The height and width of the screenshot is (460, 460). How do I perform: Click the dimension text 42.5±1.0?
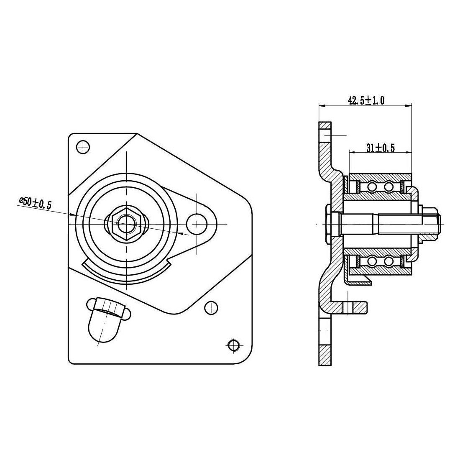[366, 101]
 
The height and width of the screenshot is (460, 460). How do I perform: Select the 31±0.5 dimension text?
[381, 148]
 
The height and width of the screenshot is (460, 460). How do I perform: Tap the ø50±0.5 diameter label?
[35, 203]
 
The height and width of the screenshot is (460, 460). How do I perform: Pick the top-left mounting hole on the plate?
[82, 146]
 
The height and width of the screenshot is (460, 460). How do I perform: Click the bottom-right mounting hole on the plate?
[233, 345]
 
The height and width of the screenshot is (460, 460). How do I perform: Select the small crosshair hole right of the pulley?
[211, 308]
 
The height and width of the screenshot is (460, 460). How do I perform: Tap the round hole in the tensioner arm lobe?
[197, 224]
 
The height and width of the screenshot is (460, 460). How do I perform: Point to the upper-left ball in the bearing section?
[373, 186]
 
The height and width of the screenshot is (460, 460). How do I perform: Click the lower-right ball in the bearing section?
[388, 261]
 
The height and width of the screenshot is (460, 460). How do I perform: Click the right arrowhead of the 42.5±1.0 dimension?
[409, 106]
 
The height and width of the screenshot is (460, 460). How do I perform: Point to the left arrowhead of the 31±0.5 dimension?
[353, 152]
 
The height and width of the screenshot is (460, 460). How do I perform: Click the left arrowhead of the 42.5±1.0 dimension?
[322, 106]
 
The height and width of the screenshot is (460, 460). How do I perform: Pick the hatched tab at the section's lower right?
[360, 307]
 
